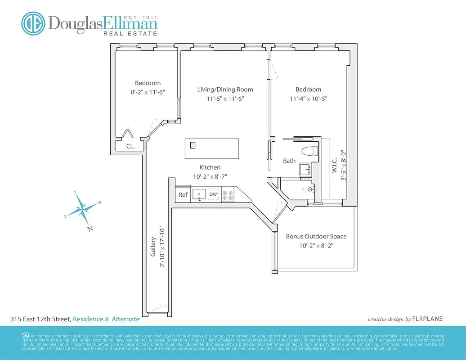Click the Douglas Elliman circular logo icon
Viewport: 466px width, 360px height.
coord(34,23)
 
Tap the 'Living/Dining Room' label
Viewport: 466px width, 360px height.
coord(225,90)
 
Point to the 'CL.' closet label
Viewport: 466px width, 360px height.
coord(130,146)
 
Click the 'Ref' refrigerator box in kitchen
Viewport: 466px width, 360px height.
coord(183,195)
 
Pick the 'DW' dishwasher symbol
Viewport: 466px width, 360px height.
coord(213,194)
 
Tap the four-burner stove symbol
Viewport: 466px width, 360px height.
coord(229,194)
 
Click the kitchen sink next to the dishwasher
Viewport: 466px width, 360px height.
coord(199,194)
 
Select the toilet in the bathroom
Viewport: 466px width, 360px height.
coord(310,151)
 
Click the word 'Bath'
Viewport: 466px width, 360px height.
coord(289,161)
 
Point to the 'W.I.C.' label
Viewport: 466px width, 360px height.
coord(334,166)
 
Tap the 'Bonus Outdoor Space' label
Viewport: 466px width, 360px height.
coord(316,236)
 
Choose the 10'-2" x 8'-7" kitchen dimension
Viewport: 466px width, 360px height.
coord(210,177)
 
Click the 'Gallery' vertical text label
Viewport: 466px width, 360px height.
coord(153,247)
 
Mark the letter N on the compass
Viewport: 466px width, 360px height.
coord(90,229)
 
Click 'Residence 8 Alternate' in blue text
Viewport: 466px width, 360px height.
coord(106,319)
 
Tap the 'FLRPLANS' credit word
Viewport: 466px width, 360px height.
coord(427,319)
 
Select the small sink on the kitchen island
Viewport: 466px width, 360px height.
coord(193,145)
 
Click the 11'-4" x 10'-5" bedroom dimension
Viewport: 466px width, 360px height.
coord(308,99)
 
